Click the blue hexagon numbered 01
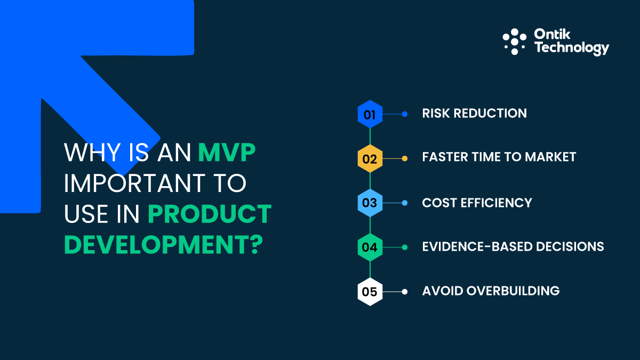coord(370,114)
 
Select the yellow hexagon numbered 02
coord(370,158)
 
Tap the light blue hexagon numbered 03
coord(370,203)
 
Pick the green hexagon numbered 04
coord(370,247)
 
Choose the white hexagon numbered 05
coord(370,292)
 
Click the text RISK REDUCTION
coord(474,114)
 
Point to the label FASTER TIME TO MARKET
coord(499,157)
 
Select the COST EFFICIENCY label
coord(477,203)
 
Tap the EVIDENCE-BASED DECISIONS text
coord(513,246)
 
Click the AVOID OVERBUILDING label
coord(491,291)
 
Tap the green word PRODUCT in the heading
coord(209,214)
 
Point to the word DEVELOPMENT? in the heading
coord(164,244)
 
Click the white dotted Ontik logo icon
coord(514,42)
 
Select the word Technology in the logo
coord(571,49)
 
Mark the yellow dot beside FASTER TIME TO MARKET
coord(404,158)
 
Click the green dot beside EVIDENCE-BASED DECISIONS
coord(404,247)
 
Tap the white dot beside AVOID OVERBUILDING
coord(404,292)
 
